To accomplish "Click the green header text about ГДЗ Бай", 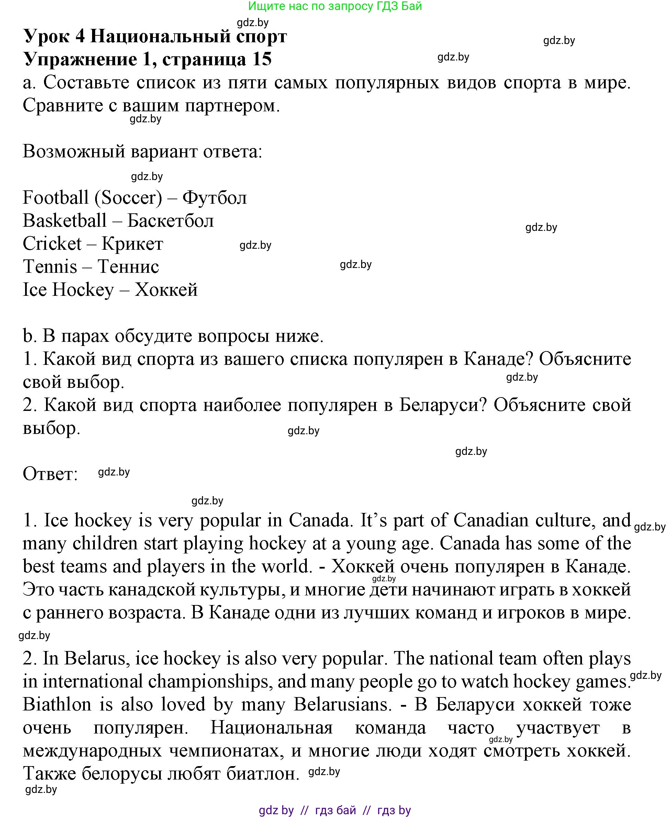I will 335,6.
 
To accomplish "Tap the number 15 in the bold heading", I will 262,59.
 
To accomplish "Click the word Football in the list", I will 56,198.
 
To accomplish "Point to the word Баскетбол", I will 170,221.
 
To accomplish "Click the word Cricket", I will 52,244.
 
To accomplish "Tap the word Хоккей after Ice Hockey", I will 166,290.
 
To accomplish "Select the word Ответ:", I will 50,474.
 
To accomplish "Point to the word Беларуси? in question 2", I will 443,405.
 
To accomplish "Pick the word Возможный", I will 74,152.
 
